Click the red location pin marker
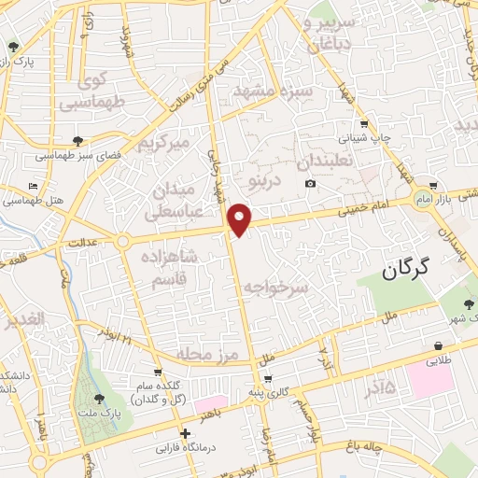[241, 218]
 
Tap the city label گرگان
[405, 270]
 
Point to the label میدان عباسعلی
[171, 203]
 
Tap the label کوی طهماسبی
[90, 91]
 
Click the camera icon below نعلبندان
[310, 183]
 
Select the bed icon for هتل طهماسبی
[34, 187]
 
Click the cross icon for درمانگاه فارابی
[186, 434]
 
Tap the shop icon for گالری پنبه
[269, 379]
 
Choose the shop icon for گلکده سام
[157, 373]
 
